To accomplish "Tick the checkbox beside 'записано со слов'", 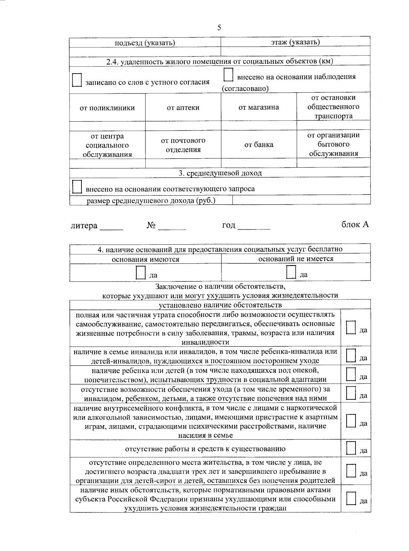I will click(77, 80).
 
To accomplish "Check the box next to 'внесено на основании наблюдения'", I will click(228, 75).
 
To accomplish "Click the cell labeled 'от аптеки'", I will click(183, 108).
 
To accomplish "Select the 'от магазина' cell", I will click(258, 107).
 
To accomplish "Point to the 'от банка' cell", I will click(258, 144).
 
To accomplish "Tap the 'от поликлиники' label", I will click(107, 108).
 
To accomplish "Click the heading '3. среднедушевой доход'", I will click(220, 173).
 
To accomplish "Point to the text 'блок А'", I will click(355, 225).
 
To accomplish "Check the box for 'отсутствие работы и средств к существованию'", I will click(351, 448).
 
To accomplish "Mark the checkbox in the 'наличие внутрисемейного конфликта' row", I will click(351, 421).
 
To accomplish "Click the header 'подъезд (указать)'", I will click(145, 43).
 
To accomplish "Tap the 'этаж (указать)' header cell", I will click(295, 42).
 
